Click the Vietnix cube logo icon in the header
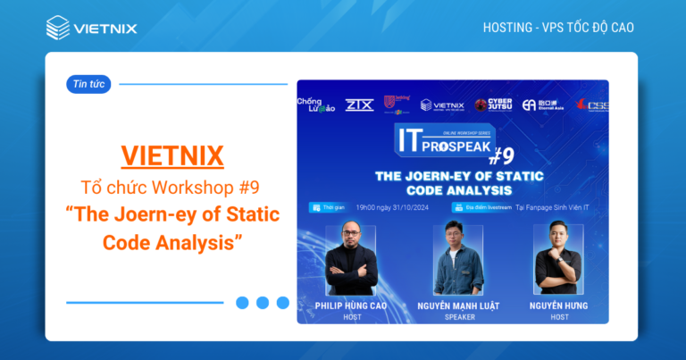[x=58, y=28]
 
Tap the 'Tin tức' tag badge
[x=88, y=85]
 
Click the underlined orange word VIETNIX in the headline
[x=171, y=155]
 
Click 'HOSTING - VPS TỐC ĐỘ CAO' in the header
[x=558, y=28]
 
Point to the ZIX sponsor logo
[x=358, y=105]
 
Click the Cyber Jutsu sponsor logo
[x=494, y=105]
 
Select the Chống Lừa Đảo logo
[x=314, y=105]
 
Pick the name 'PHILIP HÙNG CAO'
[x=351, y=306]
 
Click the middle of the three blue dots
[x=263, y=303]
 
